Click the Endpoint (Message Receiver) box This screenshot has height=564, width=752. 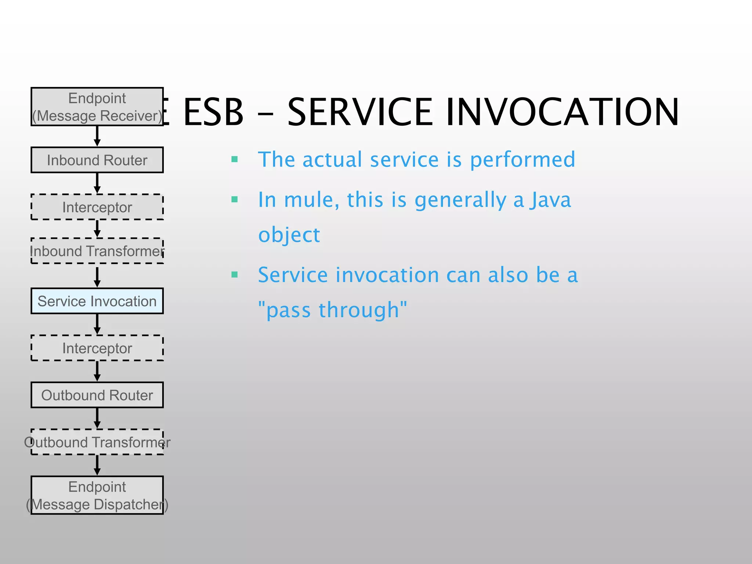(x=97, y=107)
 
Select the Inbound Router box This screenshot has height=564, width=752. (x=97, y=160)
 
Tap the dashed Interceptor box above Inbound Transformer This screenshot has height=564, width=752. (x=97, y=207)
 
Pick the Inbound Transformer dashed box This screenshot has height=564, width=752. (x=97, y=251)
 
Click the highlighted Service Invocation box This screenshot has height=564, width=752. (x=97, y=301)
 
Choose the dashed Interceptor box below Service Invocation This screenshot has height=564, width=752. (x=97, y=348)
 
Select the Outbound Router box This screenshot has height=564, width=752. (x=97, y=395)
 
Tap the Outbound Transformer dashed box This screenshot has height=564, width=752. (x=97, y=442)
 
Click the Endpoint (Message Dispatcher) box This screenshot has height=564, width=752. (x=97, y=495)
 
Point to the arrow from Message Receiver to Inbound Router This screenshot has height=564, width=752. (x=97, y=136)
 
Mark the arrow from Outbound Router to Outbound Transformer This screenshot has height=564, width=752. (x=97, y=418)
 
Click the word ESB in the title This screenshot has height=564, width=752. (x=213, y=112)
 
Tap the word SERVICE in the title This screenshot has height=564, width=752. (x=360, y=112)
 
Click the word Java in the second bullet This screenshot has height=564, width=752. (x=550, y=200)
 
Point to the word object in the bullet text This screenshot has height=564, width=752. (x=289, y=235)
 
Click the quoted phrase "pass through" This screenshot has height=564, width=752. (x=333, y=310)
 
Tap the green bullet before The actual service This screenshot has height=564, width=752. (x=235, y=159)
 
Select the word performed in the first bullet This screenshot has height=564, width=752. (x=522, y=160)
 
